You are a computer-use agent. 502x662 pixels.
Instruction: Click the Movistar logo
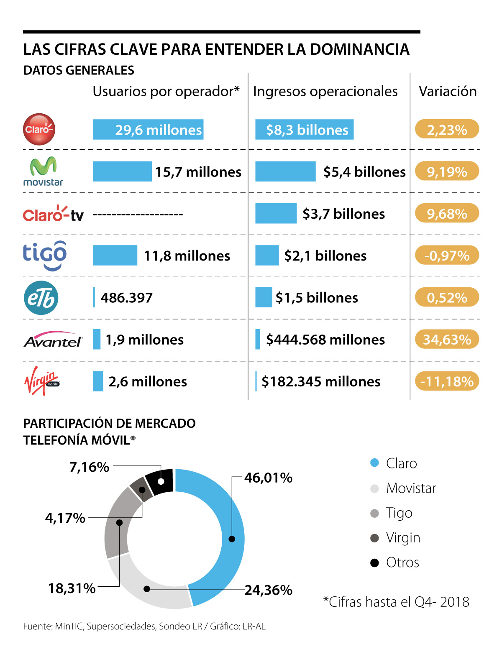(x=43, y=171)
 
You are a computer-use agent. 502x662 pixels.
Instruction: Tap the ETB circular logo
(x=41, y=298)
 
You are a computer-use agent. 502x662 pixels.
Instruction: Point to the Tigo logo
(x=45, y=255)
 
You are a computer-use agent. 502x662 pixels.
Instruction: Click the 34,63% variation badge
(x=447, y=339)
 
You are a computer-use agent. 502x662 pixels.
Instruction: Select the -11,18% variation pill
(x=447, y=381)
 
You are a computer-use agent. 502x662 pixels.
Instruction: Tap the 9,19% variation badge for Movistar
(x=447, y=171)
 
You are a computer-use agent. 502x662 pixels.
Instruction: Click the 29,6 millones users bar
(x=148, y=130)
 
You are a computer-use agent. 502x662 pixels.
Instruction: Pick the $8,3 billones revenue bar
(x=304, y=130)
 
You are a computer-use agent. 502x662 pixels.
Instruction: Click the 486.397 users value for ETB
(x=126, y=298)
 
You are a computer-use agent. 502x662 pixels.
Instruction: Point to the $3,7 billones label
(x=343, y=214)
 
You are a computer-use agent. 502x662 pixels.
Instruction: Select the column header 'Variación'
(x=448, y=91)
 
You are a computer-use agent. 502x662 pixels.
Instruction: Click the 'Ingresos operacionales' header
(x=325, y=91)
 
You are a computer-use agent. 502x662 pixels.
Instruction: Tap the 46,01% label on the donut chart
(x=268, y=478)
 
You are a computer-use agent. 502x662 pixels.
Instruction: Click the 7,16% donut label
(x=89, y=467)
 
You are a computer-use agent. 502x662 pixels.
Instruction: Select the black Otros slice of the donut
(x=160, y=481)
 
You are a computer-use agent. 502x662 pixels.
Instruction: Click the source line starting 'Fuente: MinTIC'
(x=144, y=626)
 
